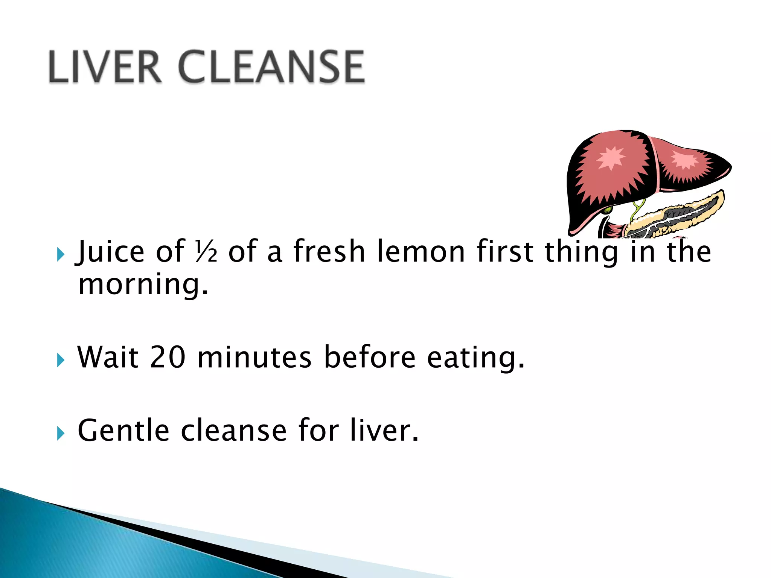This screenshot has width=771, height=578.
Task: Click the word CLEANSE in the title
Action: point(271,67)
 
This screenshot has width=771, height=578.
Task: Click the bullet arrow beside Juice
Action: point(61,255)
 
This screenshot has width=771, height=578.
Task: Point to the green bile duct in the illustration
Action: point(637,209)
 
